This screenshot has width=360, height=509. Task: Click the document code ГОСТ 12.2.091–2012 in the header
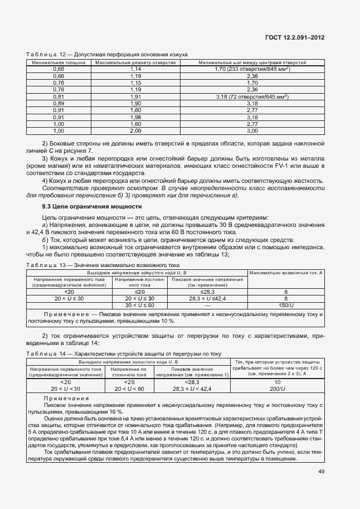point(295,38)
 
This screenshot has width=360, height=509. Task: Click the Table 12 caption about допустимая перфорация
point(106,54)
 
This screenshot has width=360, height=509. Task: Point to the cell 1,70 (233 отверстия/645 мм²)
point(252,69)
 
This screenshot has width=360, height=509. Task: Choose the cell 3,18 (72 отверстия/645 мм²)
point(252,96)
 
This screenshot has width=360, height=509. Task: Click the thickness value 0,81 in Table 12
point(58,96)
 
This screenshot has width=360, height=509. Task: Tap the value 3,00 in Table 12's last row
point(252,131)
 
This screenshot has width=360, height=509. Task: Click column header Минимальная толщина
point(58,62)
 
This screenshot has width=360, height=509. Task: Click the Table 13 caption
point(103,265)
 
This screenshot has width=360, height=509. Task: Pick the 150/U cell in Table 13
point(285,305)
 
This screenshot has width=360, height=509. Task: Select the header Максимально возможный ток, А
point(285,273)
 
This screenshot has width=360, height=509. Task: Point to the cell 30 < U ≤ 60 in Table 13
point(139,305)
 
